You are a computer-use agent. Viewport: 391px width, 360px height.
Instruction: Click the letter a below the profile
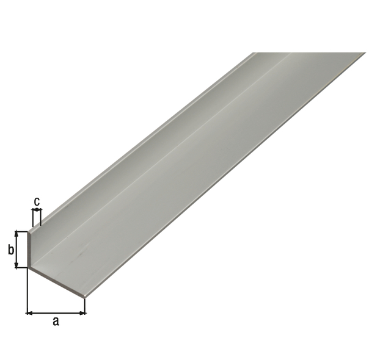pyautogui.click(x=56, y=322)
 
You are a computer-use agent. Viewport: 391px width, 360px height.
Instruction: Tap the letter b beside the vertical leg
pyautogui.click(x=11, y=250)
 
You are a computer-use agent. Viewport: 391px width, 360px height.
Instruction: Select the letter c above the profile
pyautogui.click(x=37, y=201)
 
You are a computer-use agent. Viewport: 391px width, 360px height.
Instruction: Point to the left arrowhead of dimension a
pyautogui.click(x=29, y=313)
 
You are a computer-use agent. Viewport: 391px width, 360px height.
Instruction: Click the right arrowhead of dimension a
pyautogui.click(x=82, y=313)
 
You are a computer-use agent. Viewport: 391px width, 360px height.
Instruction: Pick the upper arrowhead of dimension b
pyautogui.click(x=16, y=234)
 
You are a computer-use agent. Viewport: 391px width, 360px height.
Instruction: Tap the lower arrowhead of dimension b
pyautogui.click(x=16, y=265)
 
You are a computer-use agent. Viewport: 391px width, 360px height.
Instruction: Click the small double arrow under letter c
pyautogui.click(x=37, y=210)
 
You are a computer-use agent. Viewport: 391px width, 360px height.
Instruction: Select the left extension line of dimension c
pyautogui.click(x=32, y=218)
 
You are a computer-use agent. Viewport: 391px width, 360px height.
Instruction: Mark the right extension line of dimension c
pyautogui.click(x=41, y=218)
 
